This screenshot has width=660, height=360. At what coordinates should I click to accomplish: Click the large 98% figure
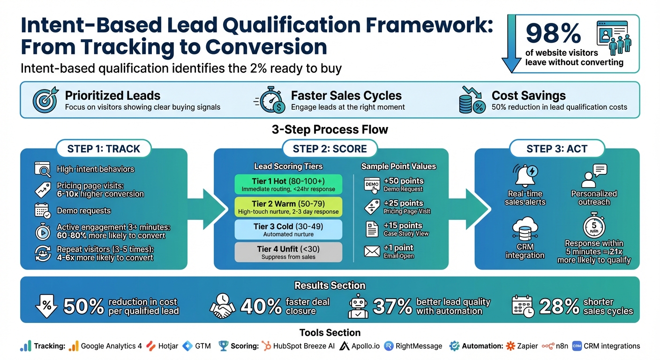pos(553,34)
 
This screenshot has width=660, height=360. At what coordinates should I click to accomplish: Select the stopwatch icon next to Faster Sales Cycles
pos(271,100)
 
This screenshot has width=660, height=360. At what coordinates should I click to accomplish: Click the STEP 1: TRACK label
pos(104,149)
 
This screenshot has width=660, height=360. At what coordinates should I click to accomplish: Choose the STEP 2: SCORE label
pos(330,149)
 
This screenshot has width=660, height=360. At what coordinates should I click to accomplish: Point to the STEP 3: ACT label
pos(557,149)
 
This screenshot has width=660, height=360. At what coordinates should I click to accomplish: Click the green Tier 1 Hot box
pos(288,184)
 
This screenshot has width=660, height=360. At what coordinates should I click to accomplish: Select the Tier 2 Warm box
pos(288,207)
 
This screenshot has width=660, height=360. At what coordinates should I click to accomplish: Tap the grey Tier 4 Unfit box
pos(288,252)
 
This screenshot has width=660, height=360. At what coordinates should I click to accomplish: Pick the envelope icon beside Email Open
pos(372,251)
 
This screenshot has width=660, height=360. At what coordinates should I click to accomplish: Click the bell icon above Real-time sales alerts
pos(525,175)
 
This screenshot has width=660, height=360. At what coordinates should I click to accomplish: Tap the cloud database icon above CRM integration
pos(525,229)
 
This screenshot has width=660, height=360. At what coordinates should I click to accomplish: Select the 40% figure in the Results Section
pos(261,307)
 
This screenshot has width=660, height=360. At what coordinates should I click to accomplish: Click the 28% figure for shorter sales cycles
pos(559,307)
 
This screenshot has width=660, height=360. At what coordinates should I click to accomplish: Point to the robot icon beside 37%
pos(358,307)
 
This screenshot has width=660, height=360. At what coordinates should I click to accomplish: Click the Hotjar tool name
pos(168,346)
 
